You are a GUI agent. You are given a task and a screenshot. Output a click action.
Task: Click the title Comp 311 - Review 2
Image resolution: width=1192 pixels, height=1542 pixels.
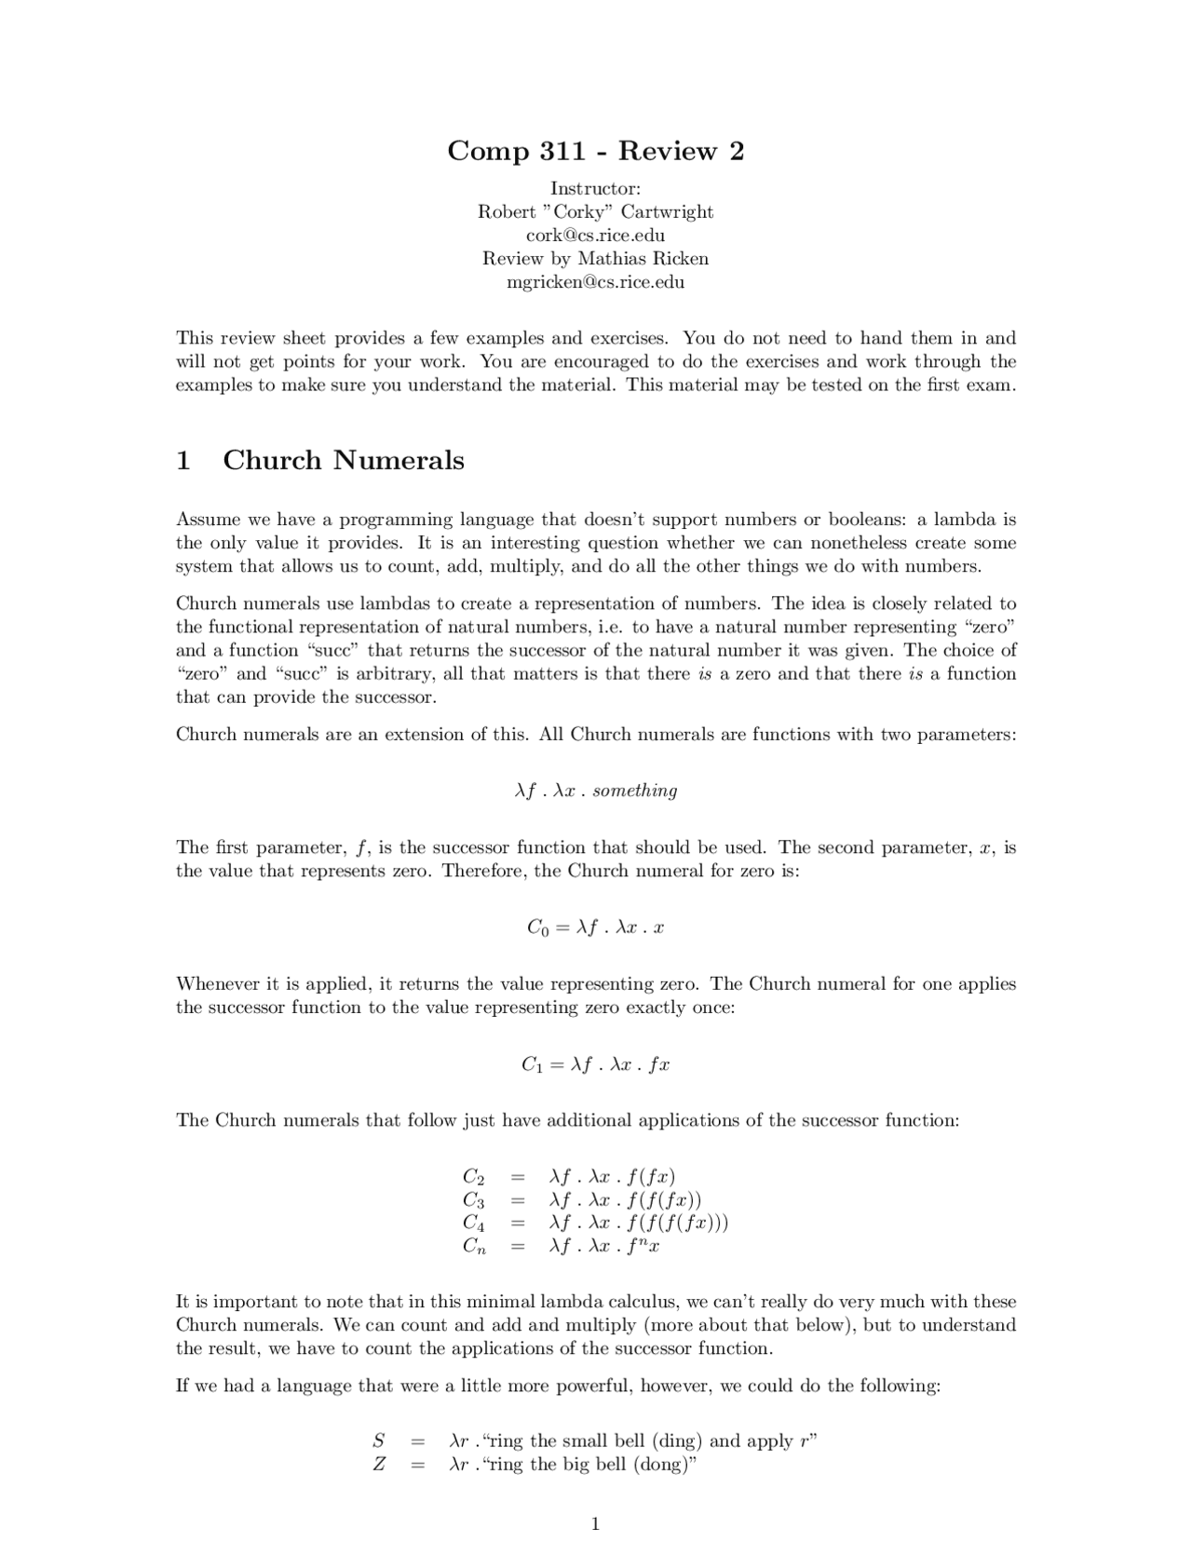point(595,150)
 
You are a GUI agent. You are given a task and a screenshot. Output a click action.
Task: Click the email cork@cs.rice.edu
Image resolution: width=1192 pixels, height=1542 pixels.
point(595,235)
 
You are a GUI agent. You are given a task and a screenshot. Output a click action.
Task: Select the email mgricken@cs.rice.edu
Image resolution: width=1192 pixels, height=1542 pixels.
point(595,281)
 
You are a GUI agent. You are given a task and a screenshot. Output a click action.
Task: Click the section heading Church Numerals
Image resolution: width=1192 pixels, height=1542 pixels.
point(343,460)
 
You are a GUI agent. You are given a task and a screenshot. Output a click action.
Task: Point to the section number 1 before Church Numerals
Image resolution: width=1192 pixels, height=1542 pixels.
point(183,460)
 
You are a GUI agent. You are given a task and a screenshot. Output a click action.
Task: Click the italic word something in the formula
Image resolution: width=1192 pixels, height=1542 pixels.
point(634,791)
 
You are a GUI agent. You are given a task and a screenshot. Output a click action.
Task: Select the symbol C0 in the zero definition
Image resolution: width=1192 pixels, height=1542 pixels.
point(537,927)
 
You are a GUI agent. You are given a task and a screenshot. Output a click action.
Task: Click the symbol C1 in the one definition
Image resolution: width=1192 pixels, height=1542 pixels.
point(532,1064)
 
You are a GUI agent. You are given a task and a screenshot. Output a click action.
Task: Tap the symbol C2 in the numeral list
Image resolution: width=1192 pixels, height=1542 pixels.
point(473,1177)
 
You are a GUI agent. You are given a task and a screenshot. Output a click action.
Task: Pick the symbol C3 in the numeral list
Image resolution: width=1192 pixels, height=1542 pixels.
point(473,1200)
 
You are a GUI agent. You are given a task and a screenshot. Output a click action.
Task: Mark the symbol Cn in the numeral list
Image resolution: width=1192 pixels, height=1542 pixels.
point(474,1246)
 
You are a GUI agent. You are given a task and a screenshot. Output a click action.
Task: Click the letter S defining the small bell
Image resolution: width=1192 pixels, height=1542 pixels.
point(379,1441)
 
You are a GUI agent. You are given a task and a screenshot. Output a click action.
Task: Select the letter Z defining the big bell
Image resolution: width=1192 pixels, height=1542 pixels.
point(379,1464)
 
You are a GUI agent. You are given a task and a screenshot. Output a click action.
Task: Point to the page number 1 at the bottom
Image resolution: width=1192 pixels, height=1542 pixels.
point(595,1523)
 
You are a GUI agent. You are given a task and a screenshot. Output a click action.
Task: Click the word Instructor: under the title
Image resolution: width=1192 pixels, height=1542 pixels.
point(595,188)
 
